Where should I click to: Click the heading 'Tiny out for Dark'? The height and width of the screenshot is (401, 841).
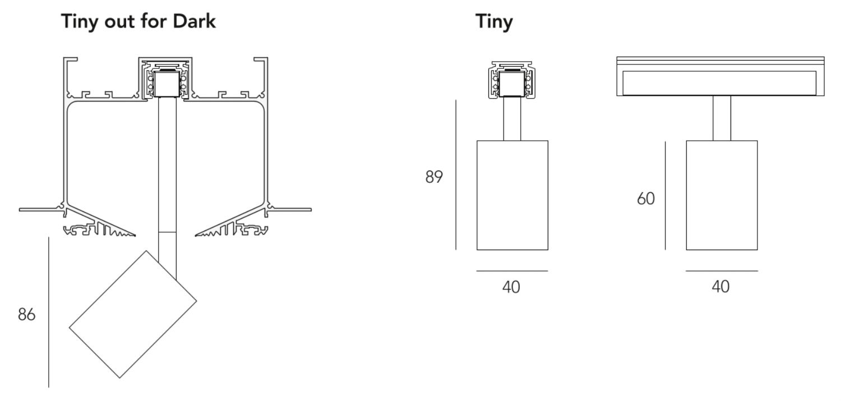click(x=138, y=22)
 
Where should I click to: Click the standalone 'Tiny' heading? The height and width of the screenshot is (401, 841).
click(x=494, y=22)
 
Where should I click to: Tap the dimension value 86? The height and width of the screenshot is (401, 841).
click(x=27, y=314)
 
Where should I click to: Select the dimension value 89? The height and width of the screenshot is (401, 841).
click(x=434, y=177)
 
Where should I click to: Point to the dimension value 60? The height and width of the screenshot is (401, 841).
click(x=646, y=199)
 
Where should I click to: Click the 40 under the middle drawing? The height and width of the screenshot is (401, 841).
click(x=511, y=287)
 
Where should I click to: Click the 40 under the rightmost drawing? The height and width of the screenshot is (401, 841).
click(x=721, y=287)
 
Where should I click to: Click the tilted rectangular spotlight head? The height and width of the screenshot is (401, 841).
click(x=133, y=314)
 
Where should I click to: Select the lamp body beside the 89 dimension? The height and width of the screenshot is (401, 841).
click(x=512, y=195)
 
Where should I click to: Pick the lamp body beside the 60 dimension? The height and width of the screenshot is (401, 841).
click(x=722, y=195)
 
